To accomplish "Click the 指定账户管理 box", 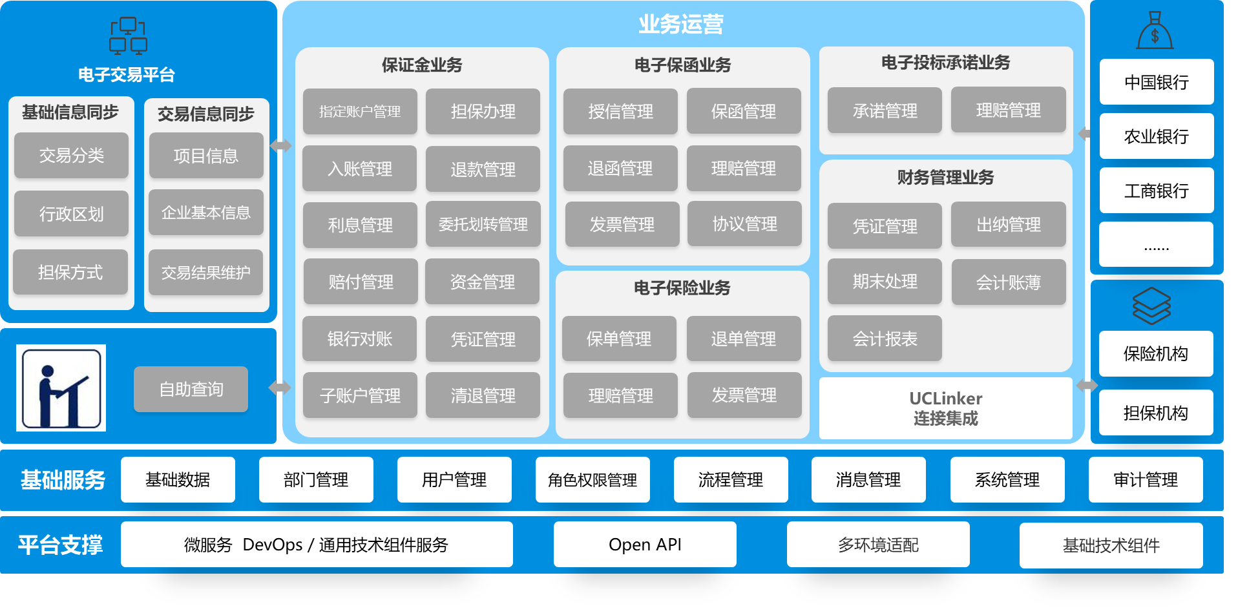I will click(360, 111).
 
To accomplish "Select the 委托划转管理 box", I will click(483, 224).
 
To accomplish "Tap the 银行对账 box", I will click(359, 339).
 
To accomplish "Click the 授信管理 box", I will click(620, 111).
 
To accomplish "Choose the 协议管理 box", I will click(744, 224).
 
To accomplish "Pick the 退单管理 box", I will click(743, 339).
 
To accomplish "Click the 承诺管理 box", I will click(885, 110).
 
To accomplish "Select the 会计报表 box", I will click(885, 339).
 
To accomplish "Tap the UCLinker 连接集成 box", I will click(945, 408).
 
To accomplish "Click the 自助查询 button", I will click(191, 389).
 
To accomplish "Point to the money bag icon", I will click(1155, 31).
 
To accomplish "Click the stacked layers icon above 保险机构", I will click(1151, 306).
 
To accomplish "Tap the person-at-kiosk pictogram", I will click(61, 388).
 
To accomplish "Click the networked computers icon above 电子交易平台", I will click(128, 36).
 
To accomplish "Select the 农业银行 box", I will click(1156, 136).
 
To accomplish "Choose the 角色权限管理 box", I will click(592, 479).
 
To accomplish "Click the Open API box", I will click(645, 545).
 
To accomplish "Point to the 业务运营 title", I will click(681, 25).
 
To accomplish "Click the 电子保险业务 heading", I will click(682, 287).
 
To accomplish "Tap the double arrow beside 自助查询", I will click(280, 388).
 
